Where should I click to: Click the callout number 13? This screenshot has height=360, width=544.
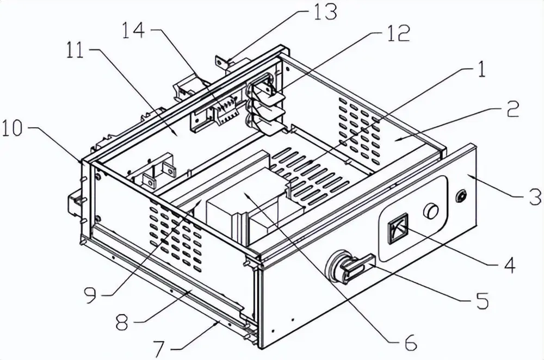click(324, 11)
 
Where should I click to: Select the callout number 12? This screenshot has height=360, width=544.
click(398, 33)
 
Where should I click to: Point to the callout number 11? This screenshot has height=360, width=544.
click(75, 52)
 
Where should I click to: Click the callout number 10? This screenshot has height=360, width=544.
click(13, 128)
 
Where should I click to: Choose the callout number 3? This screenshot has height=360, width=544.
click(534, 197)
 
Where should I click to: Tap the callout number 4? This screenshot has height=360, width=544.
click(509, 265)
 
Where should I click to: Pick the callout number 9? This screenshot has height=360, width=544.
click(90, 295)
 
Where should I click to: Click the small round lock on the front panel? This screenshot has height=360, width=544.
click(462, 196)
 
